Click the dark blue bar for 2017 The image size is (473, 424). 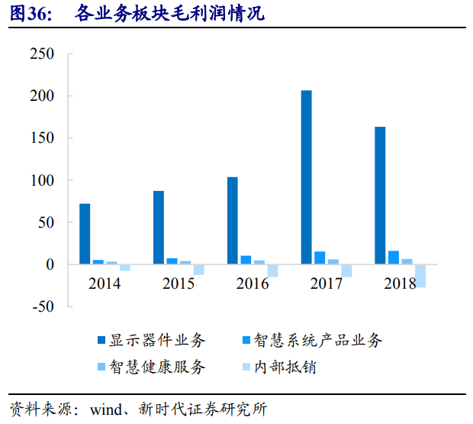point(306,177)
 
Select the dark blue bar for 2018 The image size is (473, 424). point(380,196)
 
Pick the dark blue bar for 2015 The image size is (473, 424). point(159,228)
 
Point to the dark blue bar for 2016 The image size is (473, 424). point(232,221)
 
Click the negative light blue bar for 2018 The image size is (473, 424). point(420,276)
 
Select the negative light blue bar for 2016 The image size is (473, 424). point(272,270)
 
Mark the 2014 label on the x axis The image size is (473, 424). point(105,284)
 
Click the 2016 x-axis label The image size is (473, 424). point(253,284)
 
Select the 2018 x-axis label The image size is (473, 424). point(400,284)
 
